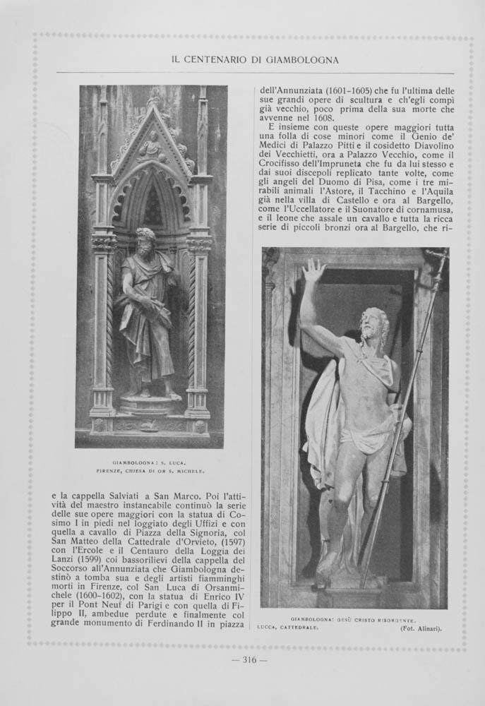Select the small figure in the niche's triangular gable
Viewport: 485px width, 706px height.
point(151,146)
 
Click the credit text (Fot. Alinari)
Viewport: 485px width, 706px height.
point(421,629)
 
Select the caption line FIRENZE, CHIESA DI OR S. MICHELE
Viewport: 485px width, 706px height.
point(150,470)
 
